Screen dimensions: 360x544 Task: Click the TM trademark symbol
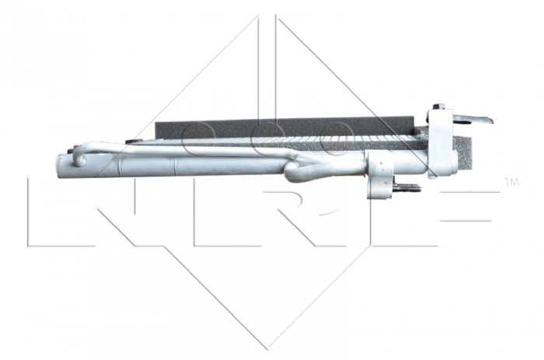(x=511, y=183)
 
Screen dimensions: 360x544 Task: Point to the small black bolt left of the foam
(x=130, y=142)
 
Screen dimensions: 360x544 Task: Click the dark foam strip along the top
(x=288, y=125)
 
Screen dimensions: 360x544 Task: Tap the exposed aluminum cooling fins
(x=311, y=143)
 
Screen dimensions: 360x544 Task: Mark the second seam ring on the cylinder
(x=175, y=165)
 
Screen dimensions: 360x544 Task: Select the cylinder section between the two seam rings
(x=148, y=165)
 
